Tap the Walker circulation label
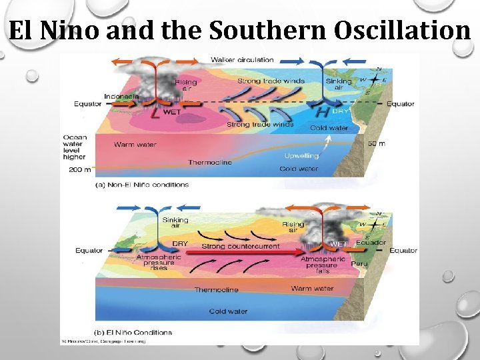[x=242, y=60]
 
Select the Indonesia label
[x=121, y=97]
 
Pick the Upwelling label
[x=301, y=155]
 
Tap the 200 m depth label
[x=79, y=170]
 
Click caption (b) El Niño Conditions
[x=134, y=332]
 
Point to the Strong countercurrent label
[x=241, y=247]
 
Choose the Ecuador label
[x=371, y=243]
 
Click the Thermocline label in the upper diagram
[x=210, y=163]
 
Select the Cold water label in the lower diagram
[x=228, y=311]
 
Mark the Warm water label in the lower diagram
[x=312, y=289]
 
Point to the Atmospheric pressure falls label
[x=323, y=265]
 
